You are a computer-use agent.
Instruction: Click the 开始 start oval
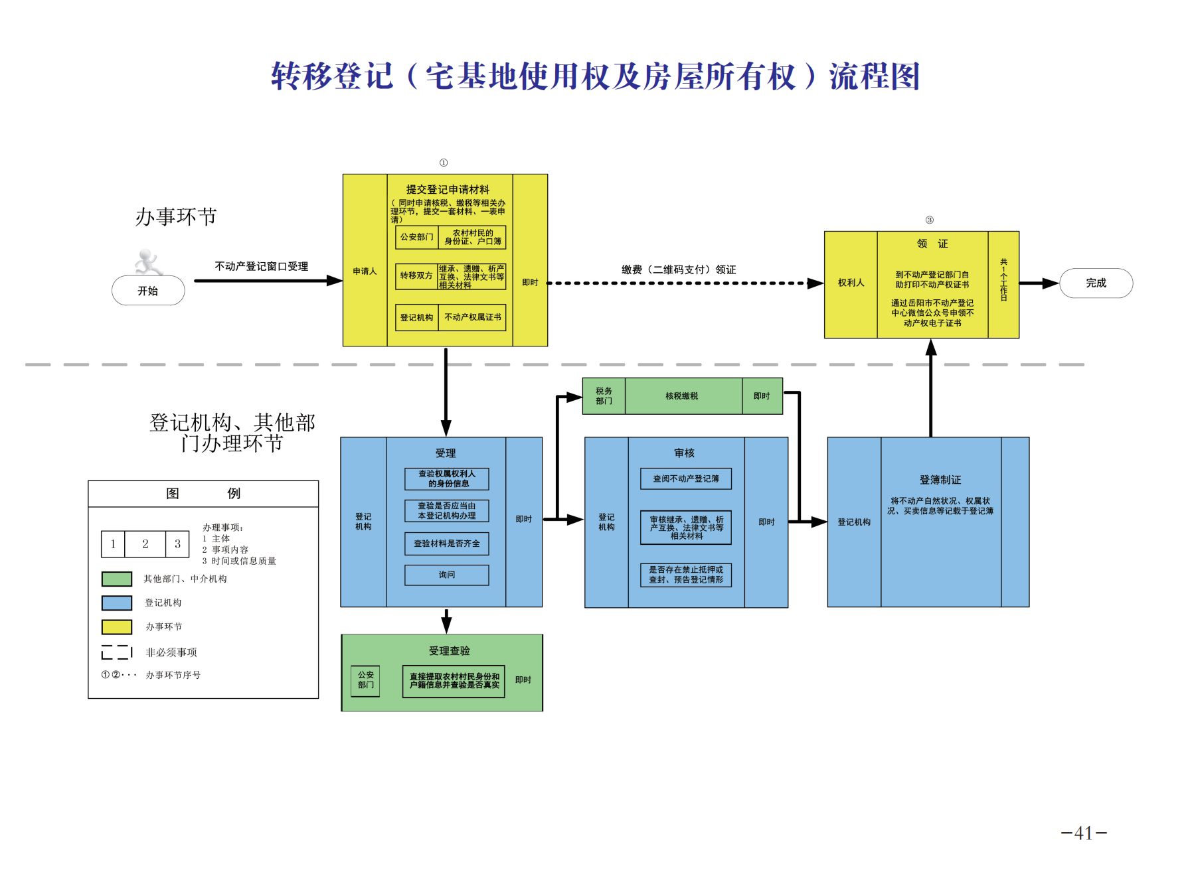[x=148, y=291]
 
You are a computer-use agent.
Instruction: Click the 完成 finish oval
[x=1096, y=283]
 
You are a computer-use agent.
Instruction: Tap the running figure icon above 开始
[x=148, y=262]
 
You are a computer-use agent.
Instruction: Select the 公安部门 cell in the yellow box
[x=416, y=237]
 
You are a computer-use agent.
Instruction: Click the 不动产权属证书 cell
[x=473, y=317]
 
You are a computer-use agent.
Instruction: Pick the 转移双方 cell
[x=416, y=276]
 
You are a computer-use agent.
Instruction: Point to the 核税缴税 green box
[x=682, y=396]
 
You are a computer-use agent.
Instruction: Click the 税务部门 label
[x=604, y=396]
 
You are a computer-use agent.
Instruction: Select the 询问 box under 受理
[x=447, y=575]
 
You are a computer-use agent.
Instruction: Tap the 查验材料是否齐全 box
[x=447, y=544]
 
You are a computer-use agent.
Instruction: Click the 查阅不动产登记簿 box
[x=686, y=478]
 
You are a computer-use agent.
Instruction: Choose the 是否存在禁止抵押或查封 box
[x=686, y=575]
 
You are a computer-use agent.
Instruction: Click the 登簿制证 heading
[x=940, y=480]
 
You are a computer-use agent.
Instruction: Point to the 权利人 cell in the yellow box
[x=851, y=283]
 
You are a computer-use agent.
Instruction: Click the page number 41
[x=1084, y=834]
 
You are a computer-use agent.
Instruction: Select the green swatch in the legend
[x=117, y=579]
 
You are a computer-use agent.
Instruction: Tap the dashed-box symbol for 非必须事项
[x=117, y=652]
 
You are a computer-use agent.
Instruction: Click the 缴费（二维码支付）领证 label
[x=679, y=269]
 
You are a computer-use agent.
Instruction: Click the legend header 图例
[x=203, y=493]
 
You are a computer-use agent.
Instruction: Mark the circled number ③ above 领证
[x=929, y=220]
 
